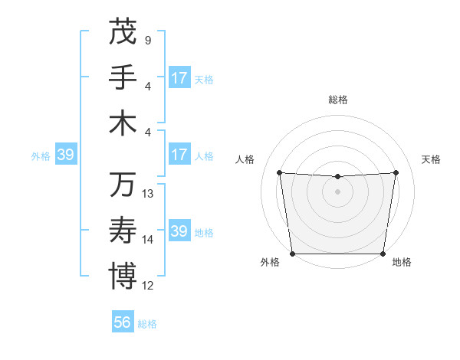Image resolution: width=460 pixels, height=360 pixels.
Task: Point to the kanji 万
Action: pyautogui.click(x=123, y=185)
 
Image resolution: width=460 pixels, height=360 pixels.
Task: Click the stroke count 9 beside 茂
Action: pyautogui.click(x=148, y=40)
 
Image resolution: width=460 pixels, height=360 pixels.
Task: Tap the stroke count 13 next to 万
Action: pyautogui.click(x=149, y=194)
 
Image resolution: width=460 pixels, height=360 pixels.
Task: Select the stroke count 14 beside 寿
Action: pyautogui.click(x=149, y=240)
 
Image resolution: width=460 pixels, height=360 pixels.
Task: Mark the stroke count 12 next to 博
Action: pyautogui.click(x=149, y=286)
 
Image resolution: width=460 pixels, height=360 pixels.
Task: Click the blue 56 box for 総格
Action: pyautogui.click(x=123, y=322)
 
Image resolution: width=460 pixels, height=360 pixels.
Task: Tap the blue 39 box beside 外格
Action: pyautogui.click(x=65, y=155)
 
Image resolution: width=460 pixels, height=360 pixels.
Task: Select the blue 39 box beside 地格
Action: pyautogui.click(x=179, y=231)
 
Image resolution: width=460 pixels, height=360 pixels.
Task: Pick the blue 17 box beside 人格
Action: pyautogui.click(x=179, y=155)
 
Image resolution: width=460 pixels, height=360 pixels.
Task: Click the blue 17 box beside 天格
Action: pyautogui.click(x=179, y=78)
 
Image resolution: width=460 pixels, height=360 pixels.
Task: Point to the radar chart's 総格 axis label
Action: pyautogui.click(x=338, y=100)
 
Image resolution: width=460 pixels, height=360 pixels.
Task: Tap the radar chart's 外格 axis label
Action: pyautogui.click(x=270, y=263)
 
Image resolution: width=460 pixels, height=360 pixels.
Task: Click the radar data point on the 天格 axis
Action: pyautogui.click(x=396, y=172)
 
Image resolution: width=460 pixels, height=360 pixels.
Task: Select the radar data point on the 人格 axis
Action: pyautogui.click(x=279, y=172)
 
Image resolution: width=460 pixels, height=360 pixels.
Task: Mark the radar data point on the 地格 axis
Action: pyautogui.click(x=383, y=254)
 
